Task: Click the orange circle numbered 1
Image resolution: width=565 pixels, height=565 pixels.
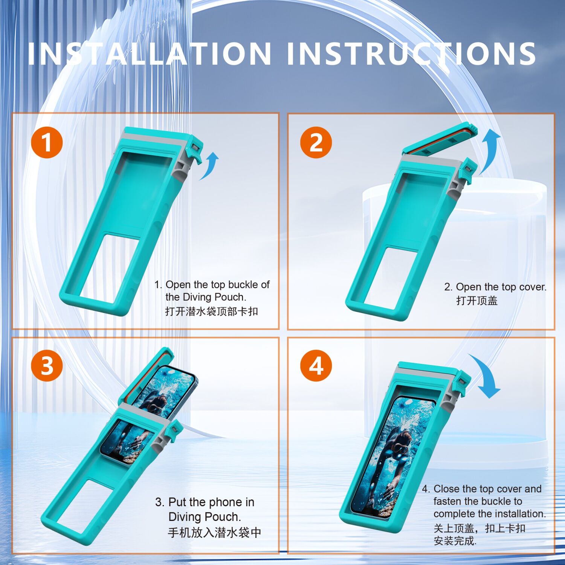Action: (x=47, y=142)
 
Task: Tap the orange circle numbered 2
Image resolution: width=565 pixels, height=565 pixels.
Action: (x=316, y=142)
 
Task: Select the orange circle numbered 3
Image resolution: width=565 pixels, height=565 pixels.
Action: (x=47, y=365)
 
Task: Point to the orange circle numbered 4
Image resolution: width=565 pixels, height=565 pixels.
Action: (x=316, y=365)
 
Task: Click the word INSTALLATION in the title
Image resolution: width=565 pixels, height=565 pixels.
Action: (x=150, y=53)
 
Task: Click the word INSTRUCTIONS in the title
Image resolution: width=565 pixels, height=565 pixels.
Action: (x=411, y=53)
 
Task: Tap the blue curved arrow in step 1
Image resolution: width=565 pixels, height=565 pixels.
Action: (x=209, y=166)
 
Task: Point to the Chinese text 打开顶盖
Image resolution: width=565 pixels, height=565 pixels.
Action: (x=477, y=301)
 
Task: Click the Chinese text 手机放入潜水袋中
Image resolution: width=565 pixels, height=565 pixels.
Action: (x=215, y=532)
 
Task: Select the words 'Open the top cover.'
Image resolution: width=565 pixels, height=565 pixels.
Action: (x=501, y=287)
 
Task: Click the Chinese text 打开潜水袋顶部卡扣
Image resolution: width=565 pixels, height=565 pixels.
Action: (x=211, y=311)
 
